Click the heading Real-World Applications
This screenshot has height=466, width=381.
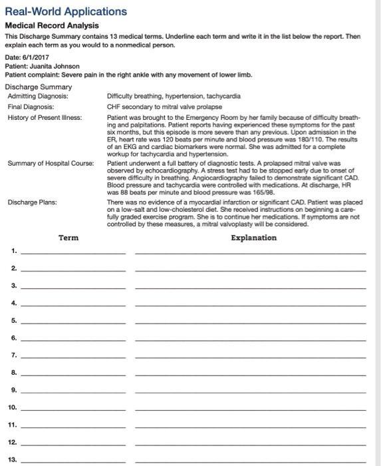point(66,11)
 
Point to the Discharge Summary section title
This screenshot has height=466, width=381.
point(39,87)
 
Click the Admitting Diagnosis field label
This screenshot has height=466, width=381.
point(37,97)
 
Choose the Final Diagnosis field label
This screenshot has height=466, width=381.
point(31,107)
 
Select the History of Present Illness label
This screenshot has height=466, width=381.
point(45,117)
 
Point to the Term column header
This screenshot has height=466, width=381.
point(68,238)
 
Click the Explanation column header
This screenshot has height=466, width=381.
point(253,238)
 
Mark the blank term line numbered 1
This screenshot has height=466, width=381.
point(73,253)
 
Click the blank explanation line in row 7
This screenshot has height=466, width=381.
point(250,357)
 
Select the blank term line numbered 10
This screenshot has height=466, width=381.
point(73,409)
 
